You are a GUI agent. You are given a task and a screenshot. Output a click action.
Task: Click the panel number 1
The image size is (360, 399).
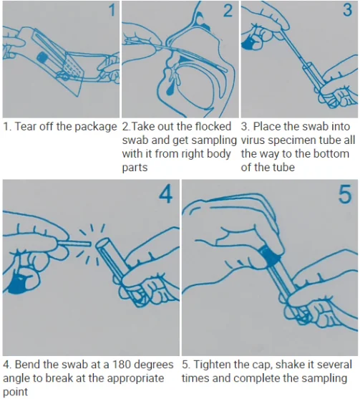[112, 11]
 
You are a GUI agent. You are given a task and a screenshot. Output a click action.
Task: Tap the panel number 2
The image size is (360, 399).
[228, 11]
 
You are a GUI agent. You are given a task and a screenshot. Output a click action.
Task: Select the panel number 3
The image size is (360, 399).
[348, 11]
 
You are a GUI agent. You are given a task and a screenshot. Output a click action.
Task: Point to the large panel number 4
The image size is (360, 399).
[166, 194]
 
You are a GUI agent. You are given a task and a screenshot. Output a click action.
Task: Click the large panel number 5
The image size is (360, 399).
[345, 194]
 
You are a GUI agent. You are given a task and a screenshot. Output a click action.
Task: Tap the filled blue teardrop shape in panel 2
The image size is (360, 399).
[170, 90]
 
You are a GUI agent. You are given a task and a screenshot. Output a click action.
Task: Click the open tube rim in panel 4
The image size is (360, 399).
[103, 244]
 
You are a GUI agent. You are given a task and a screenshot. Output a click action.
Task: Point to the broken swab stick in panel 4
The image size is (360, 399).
[74, 244]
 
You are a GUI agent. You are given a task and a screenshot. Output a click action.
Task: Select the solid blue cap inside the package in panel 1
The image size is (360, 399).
[42, 58]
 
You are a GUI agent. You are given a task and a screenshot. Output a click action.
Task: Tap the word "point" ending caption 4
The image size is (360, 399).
[15, 392]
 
